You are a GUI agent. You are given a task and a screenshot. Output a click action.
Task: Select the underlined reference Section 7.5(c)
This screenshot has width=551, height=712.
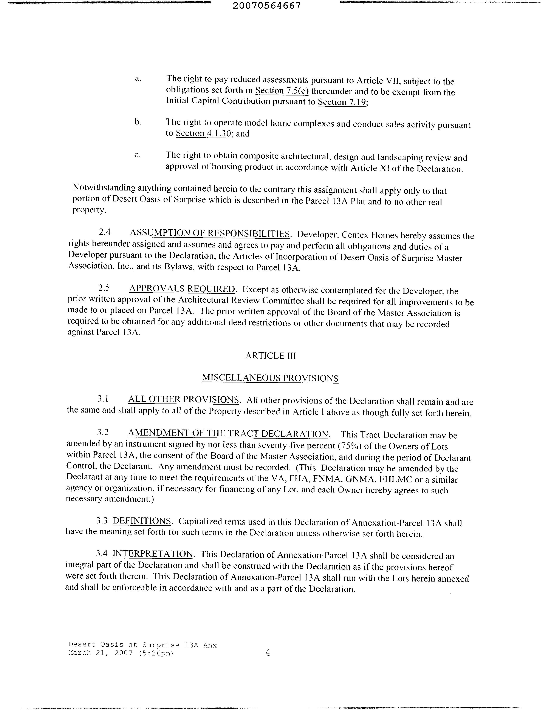(282, 91)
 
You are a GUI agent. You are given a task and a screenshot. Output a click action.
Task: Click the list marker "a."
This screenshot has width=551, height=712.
(138, 78)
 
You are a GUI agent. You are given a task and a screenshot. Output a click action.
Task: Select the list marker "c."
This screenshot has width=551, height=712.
(137, 155)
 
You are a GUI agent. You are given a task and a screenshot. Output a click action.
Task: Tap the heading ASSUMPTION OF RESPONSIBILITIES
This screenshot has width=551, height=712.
(210, 233)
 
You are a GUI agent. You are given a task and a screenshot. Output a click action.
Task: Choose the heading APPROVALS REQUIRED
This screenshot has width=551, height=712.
(182, 289)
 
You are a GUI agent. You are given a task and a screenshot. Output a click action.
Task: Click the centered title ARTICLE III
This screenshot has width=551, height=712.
(271, 356)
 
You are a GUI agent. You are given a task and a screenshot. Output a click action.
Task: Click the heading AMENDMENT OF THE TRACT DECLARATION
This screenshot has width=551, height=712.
(228, 434)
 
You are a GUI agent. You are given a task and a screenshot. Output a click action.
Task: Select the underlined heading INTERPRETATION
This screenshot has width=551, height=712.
(153, 554)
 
